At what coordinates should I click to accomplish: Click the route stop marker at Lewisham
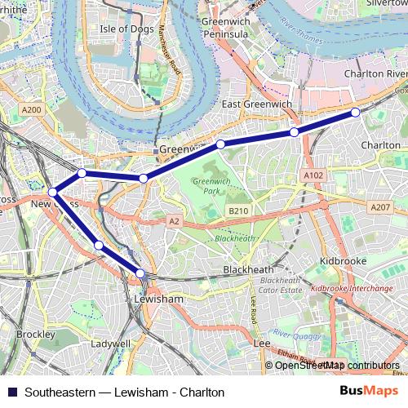[140, 273]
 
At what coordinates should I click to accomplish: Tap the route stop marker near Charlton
[355, 112]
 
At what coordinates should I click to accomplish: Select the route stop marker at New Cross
[53, 193]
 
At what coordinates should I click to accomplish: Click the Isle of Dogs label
[126, 29]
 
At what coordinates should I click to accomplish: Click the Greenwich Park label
[207, 185]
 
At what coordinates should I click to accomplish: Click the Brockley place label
[35, 335]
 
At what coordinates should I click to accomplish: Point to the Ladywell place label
[110, 344]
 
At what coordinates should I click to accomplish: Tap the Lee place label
[262, 344]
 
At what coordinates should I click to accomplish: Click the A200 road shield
[32, 109]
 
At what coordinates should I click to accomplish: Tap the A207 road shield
[379, 207]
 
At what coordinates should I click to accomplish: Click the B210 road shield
[237, 211]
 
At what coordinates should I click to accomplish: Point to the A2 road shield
[173, 220]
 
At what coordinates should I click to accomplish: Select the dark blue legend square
[11, 392]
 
